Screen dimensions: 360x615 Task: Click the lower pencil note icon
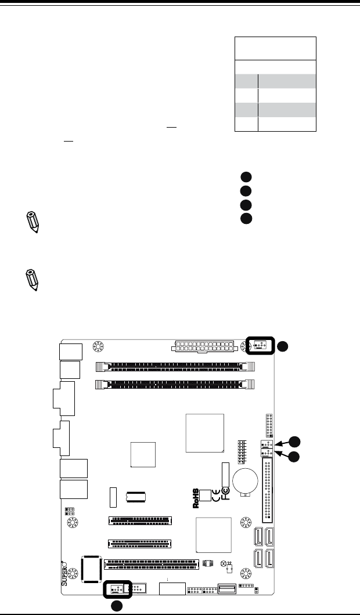[33, 280]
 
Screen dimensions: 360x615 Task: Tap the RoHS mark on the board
[197, 497]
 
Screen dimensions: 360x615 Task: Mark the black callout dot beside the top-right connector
[282, 346]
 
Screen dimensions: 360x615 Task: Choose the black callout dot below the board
[118, 607]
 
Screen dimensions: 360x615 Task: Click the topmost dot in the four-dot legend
[246, 178]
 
